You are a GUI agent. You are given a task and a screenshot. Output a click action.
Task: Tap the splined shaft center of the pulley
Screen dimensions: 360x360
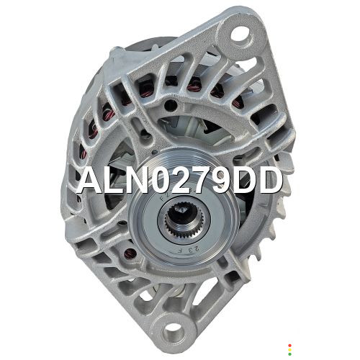point(184,219)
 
